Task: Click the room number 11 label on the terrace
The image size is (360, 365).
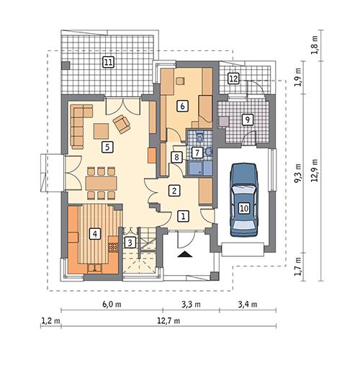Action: tap(108, 62)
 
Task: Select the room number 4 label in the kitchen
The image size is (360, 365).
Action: tap(93, 233)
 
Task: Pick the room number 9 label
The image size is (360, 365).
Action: tap(247, 120)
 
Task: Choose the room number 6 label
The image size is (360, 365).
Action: tap(183, 106)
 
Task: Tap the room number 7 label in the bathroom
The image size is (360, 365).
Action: tap(197, 152)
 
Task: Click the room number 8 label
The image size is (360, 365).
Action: tap(176, 157)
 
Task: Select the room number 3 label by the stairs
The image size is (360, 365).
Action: tap(129, 242)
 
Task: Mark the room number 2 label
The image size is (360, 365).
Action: tap(174, 190)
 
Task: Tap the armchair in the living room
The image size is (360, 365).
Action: tap(123, 124)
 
